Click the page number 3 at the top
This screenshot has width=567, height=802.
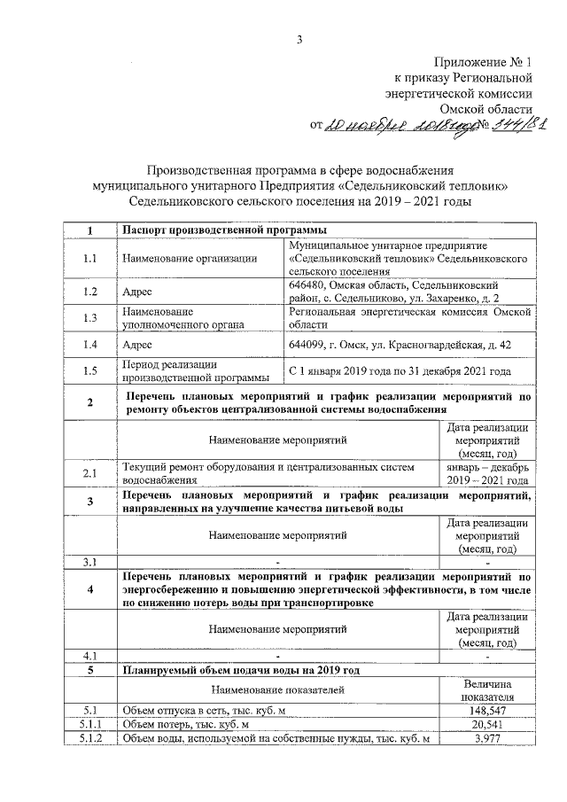[x=299, y=38]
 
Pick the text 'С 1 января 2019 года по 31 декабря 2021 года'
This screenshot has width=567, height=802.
[x=400, y=371]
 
